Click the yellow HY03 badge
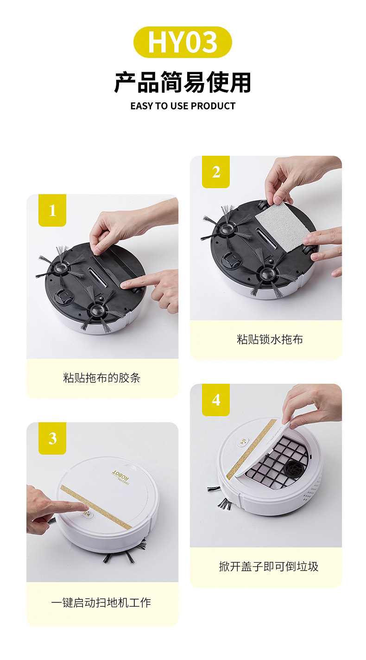click(183, 42)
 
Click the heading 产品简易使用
click(183, 82)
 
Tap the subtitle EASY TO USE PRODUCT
click(183, 106)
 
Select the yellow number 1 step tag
click(52, 210)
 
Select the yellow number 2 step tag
click(216, 172)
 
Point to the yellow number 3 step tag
click(52, 438)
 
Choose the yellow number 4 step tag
click(216, 400)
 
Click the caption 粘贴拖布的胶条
click(101, 378)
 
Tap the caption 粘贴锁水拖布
click(270, 339)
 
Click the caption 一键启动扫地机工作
click(101, 603)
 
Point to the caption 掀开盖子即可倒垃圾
click(269, 566)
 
